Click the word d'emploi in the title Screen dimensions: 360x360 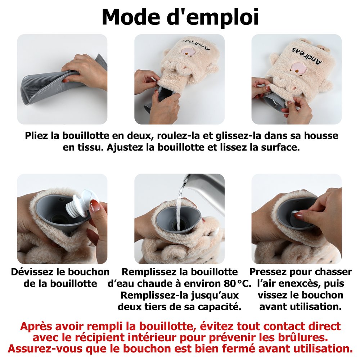coord(213,18)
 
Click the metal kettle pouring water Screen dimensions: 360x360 coord(204,190)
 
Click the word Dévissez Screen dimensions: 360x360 coord(32,272)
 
